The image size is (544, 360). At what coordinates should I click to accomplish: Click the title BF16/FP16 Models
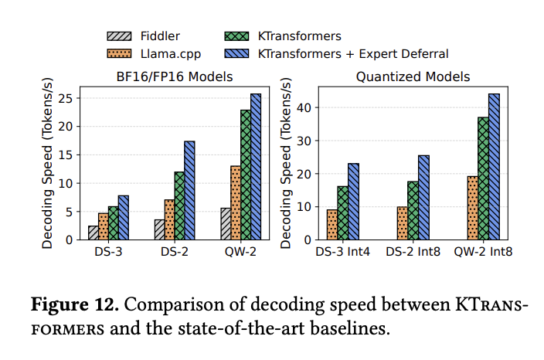[x=168, y=76]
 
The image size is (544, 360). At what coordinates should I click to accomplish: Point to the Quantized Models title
[x=413, y=76]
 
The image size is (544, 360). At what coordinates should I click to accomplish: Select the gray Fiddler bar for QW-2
[x=226, y=224]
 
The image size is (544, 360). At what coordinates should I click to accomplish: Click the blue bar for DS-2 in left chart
[x=189, y=191]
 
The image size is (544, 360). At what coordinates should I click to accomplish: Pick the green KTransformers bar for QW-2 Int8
[x=482, y=178]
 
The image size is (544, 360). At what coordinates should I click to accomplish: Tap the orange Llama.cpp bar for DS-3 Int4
[x=331, y=225]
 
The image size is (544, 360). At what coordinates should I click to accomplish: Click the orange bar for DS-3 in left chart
[x=103, y=226]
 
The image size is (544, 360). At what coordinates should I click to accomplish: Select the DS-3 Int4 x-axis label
[x=342, y=253]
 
